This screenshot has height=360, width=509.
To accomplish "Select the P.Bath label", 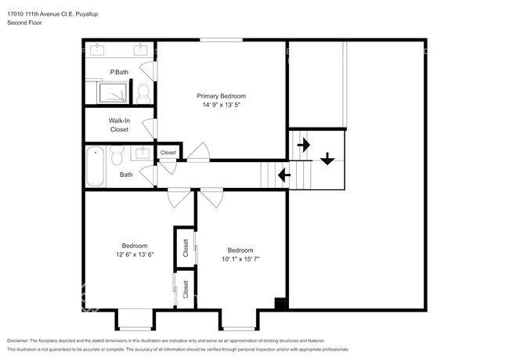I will click(119, 73).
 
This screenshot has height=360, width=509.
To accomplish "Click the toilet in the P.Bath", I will click(143, 95).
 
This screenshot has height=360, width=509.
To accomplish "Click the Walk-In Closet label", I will click(119, 125).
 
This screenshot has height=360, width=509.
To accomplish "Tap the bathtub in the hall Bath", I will click(96, 166).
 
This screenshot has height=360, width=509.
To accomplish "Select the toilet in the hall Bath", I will click(117, 159).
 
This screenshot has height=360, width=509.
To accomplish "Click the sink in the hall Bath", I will click(143, 153).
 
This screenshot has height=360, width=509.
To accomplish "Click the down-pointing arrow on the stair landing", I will click(327, 159).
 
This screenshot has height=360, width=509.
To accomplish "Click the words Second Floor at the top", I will click(24, 23).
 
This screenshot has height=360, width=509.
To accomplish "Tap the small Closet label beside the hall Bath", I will click(168, 153).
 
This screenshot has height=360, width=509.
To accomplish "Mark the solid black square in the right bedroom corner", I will click(280, 303).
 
